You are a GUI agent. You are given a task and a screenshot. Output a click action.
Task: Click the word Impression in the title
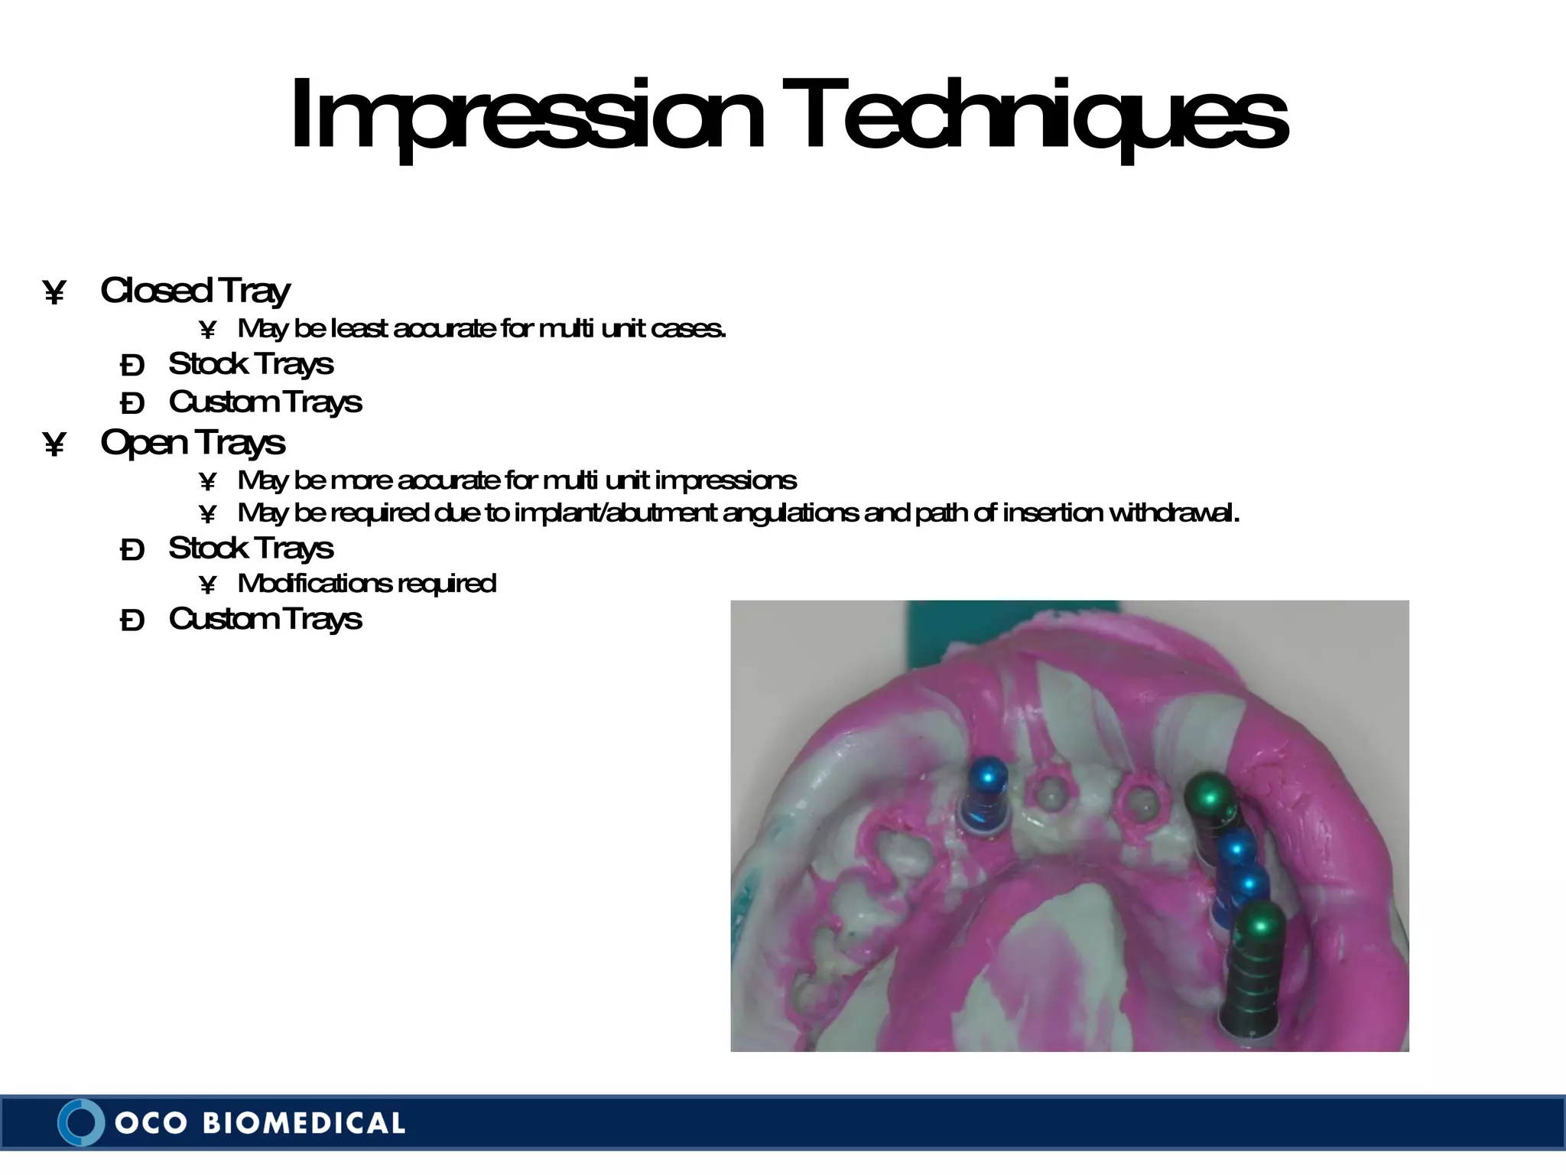tap(526, 116)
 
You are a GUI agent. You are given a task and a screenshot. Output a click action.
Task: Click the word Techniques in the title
tap(1043, 116)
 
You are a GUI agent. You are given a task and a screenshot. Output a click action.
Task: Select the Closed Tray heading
tap(195, 291)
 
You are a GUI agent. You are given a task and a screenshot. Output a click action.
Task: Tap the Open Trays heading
tap(193, 442)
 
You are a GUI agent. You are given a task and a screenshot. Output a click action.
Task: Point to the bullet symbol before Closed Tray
tap(54, 292)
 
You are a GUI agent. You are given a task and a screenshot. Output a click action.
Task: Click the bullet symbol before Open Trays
tap(54, 444)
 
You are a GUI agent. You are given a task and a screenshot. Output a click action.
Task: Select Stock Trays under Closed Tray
tap(251, 364)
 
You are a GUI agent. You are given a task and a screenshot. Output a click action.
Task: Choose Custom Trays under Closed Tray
tap(265, 402)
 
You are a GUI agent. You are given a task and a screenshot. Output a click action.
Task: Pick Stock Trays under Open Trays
tap(251, 548)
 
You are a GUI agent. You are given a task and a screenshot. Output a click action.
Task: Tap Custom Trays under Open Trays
tap(265, 619)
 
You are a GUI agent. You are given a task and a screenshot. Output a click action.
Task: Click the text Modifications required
tap(367, 584)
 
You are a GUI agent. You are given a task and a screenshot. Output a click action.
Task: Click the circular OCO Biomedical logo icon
tap(80, 1122)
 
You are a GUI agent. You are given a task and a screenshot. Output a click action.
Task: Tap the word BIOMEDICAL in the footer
tap(304, 1123)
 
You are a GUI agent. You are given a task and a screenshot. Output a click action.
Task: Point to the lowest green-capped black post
tap(1252, 972)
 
